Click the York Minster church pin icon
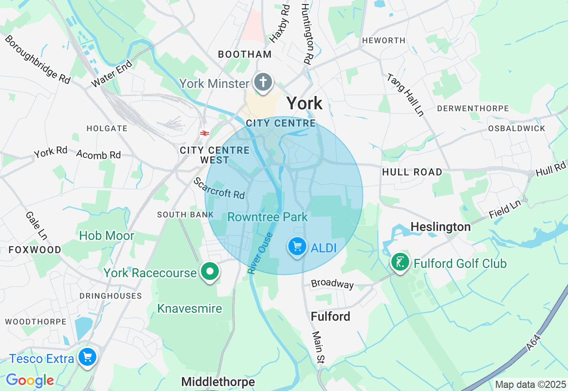(x=264, y=82)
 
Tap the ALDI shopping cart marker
(x=297, y=246)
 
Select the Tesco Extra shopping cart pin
(x=87, y=357)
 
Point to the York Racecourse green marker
(x=210, y=271)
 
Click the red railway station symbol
(x=205, y=133)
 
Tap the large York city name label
(x=304, y=104)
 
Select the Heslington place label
(x=440, y=227)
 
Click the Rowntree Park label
(x=267, y=217)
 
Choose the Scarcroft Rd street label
(x=219, y=188)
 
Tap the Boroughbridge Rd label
(x=38, y=59)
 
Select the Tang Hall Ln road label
(x=405, y=95)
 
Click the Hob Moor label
(x=106, y=235)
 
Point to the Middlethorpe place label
(x=218, y=382)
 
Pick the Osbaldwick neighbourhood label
(x=517, y=128)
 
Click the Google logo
(x=30, y=380)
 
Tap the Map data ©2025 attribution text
(x=530, y=384)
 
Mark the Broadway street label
(x=332, y=284)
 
